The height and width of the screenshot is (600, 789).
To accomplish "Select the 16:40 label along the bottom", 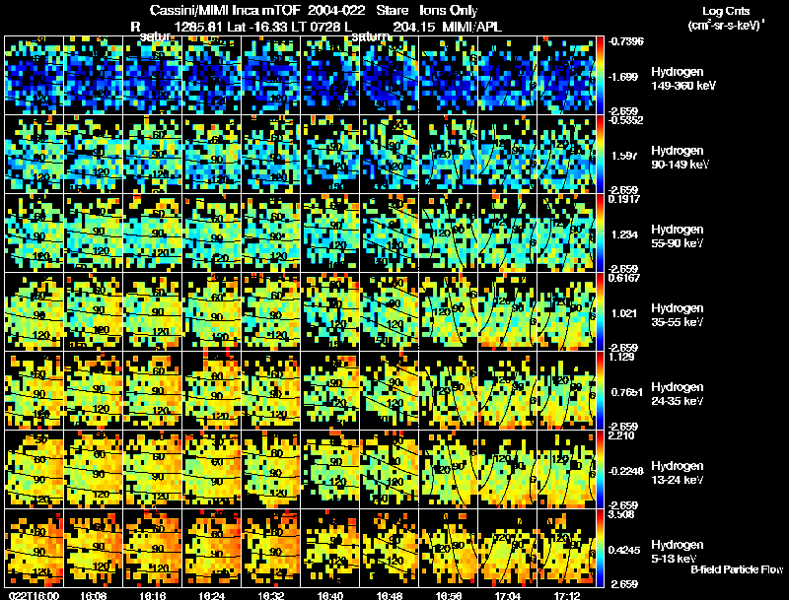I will [x=330, y=595].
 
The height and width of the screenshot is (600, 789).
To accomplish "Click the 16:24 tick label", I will [x=211, y=595].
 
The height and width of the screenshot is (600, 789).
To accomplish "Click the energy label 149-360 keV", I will [x=677, y=87].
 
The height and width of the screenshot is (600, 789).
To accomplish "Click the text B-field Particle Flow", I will [x=736, y=569].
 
